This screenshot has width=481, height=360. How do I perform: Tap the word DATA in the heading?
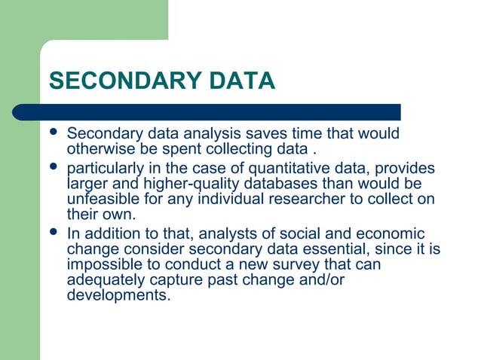tap(240, 81)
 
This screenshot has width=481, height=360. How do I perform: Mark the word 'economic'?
tap(387, 233)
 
